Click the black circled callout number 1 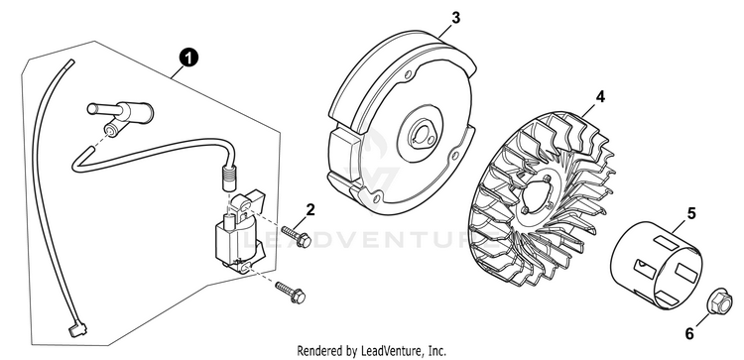(188, 59)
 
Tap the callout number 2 (310, 209)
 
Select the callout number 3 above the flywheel (455, 18)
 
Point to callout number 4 (600, 97)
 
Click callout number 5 (691, 213)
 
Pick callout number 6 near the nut (689, 334)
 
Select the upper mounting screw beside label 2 (296, 236)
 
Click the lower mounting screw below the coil (290, 293)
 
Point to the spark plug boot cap (121, 110)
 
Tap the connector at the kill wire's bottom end (76, 329)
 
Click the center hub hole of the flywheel (421, 134)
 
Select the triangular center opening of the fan (536, 195)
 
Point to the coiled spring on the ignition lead (229, 180)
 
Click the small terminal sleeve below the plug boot (110, 131)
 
